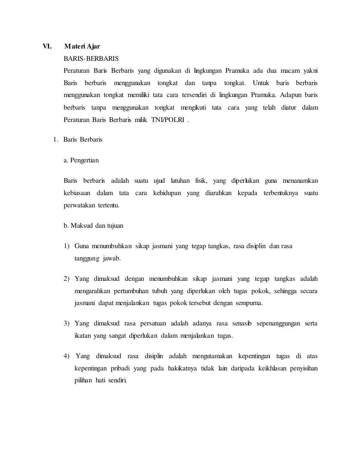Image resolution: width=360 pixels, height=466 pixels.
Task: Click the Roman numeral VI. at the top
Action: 47,46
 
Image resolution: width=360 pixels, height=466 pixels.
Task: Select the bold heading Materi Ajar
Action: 82,46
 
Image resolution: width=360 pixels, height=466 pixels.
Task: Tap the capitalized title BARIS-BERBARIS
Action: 91,59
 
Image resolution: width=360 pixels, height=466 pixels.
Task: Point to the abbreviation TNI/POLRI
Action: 168,120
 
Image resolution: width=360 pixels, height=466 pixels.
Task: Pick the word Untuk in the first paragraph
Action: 261,83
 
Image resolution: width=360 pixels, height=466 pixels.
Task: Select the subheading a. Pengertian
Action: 81,160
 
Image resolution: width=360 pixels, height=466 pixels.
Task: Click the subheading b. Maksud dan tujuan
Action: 94,226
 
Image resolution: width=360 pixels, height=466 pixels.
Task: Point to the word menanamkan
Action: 301,181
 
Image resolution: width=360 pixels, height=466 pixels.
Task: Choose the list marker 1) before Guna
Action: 66,246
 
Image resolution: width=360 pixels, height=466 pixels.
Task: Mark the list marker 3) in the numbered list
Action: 66,323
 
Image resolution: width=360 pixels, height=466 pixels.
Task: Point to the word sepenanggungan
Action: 278,323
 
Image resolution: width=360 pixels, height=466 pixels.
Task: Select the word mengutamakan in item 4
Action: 212,356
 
